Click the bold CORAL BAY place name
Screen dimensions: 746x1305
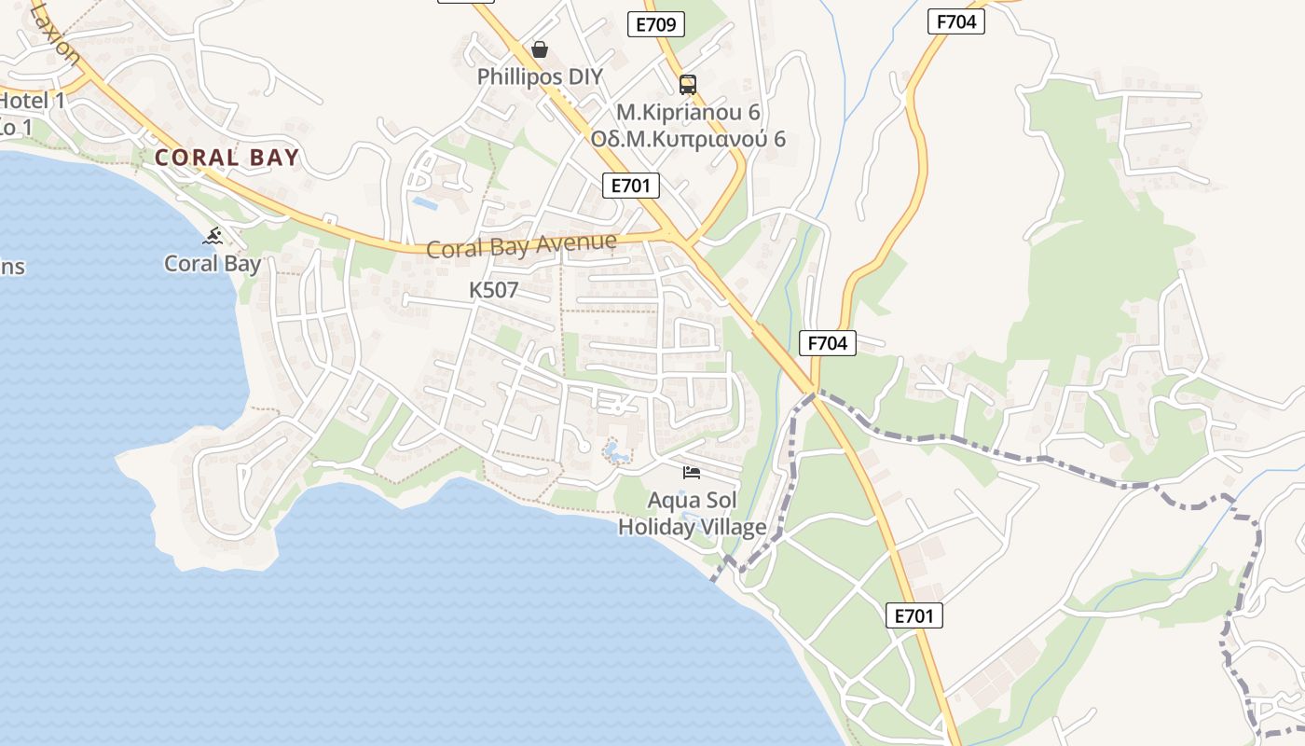(x=227, y=158)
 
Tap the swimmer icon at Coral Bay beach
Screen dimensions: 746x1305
(x=213, y=236)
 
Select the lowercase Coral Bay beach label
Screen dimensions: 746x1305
(x=213, y=264)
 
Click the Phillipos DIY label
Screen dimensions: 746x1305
(x=540, y=76)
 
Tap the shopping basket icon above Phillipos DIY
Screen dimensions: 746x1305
(x=540, y=48)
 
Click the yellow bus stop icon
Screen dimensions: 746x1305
(x=688, y=85)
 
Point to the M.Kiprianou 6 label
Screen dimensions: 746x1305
(x=688, y=113)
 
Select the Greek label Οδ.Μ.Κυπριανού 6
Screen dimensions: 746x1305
(x=688, y=139)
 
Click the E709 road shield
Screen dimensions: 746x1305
(x=656, y=24)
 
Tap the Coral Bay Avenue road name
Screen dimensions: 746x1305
(x=521, y=246)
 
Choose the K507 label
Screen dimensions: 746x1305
(x=493, y=290)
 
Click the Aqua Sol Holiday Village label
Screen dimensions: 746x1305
(x=692, y=513)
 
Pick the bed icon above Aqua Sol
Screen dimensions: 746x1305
(x=692, y=473)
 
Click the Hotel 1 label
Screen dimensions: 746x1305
(x=32, y=101)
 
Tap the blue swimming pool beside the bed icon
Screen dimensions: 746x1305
(x=616, y=453)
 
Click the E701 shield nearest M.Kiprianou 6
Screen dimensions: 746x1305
(x=630, y=186)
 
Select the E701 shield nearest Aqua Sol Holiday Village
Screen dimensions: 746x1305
(x=913, y=615)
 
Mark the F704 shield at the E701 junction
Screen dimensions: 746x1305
(x=828, y=343)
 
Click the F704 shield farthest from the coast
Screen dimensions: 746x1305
(x=956, y=21)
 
